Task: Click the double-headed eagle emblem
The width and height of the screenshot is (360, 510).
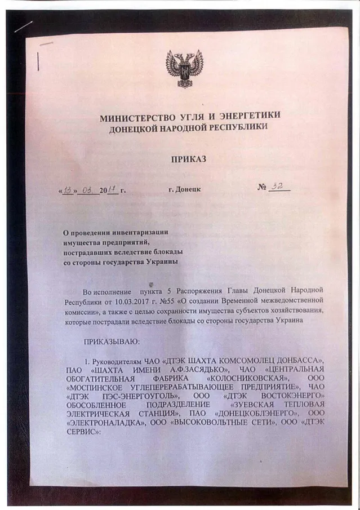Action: pos(184,69)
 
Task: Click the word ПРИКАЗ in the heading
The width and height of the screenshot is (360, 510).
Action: pos(188,159)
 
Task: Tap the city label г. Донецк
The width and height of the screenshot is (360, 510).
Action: pos(184,189)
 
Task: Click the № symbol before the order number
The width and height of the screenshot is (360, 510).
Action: pos(262,187)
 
